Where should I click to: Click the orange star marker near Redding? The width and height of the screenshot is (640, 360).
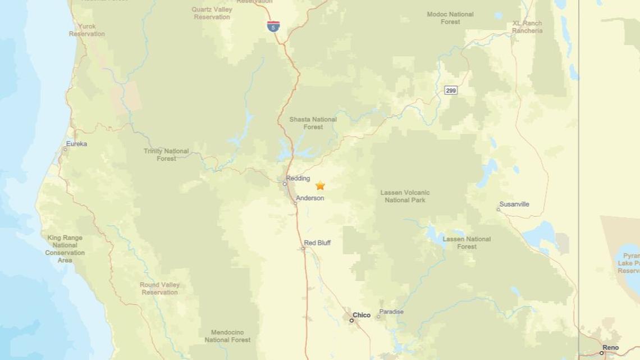tap(320, 185)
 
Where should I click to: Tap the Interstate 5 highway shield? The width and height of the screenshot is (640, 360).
tap(273, 26)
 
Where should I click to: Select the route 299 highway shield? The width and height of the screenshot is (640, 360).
tap(450, 90)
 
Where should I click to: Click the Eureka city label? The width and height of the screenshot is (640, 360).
tap(76, 144)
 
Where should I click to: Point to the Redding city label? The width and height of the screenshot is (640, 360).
tap(298, 179)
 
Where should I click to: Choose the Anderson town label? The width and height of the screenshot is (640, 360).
tap(310, 198)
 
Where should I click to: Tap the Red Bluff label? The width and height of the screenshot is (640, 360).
tap(317, 243)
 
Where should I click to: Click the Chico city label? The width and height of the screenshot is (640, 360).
tap(362, 315)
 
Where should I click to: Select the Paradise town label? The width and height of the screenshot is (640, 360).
tap(391, 312)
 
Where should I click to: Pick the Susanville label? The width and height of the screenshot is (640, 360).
tap(514, 204)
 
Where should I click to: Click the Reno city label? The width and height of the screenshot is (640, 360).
tap(611, 348)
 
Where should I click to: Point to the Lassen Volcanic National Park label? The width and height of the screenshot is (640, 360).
tap(405, 196)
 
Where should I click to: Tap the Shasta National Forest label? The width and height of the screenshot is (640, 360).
tap(313, 123)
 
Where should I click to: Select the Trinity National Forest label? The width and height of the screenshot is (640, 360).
tap(166, 154)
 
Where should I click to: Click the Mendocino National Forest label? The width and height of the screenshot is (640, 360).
tap(227, 336)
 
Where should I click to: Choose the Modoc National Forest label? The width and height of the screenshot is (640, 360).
tap(450, 18)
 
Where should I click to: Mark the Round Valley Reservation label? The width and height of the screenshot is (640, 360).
tap(160, 288)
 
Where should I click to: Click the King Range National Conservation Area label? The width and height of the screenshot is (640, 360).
tap(65, 249)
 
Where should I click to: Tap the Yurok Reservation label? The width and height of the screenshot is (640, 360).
tap(87, 30)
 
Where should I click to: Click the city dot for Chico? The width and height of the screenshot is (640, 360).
tap(351, 320)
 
